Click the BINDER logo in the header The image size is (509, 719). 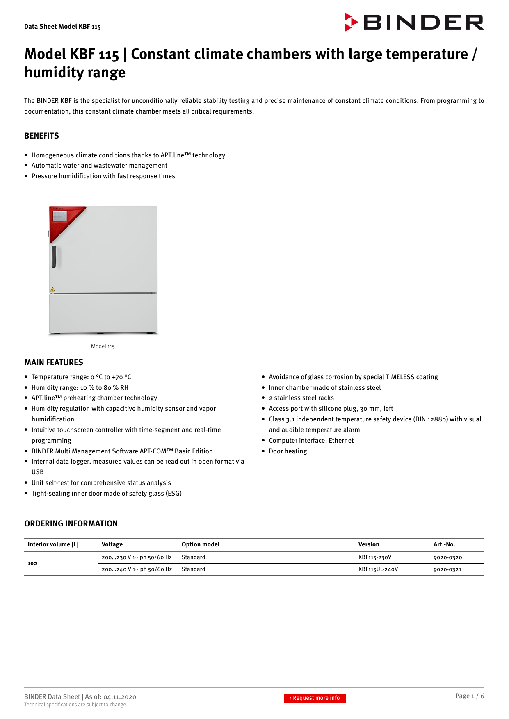[414, 22]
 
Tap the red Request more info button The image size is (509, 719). [315, 698]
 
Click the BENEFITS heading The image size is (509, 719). [41, 136]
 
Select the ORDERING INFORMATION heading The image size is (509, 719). [71, 523]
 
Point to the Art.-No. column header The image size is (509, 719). [444, 544]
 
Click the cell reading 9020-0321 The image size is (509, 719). [447, 569]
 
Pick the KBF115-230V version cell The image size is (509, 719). [374, 557]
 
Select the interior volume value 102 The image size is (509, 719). [32, 564]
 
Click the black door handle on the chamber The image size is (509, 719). [54, 257]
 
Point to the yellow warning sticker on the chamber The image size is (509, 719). [52, 290]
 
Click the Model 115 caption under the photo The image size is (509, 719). [103, 346]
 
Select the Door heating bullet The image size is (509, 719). [288, 451]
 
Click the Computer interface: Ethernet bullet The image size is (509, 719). [311, 440]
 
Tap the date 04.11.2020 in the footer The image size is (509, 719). [119, 697]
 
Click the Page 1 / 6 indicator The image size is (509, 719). [469, 696]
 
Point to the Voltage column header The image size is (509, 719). [112, 544]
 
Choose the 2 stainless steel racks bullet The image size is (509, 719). [301, 398]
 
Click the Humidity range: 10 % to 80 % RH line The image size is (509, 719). [80, 387]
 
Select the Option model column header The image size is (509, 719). [200, 544]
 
